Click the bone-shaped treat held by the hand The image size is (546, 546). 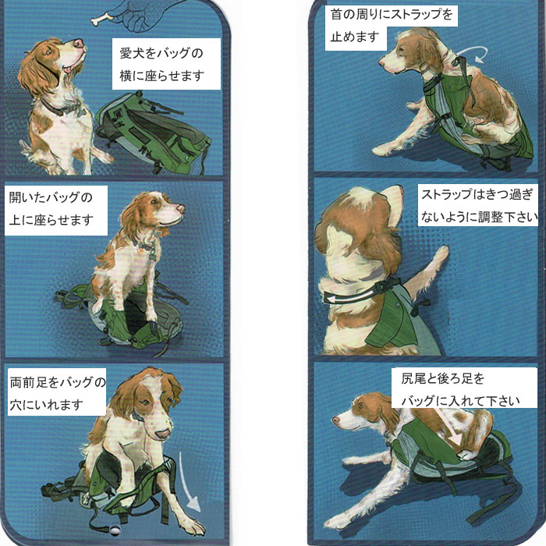pyautogui.click(x=102, y=19)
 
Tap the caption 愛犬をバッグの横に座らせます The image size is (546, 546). pyautogui.click(x=161, y=65)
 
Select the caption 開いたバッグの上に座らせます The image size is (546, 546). pyautogui.click(x=51, y=208)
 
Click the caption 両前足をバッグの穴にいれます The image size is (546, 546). pyautogui.click(x=58, y=393)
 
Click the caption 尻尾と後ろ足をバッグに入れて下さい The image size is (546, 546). pyautogui.click(x=460, y=390)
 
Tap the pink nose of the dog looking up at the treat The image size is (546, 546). pyautogui.click(x=80, y=43)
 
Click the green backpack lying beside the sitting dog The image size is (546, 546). pyautogui.click(x=153, y=134)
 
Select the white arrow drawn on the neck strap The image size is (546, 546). pyautogui.click(x=349, y=296)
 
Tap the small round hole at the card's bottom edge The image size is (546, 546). pyautogui.click(x=114, y=530)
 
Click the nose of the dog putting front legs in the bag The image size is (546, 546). pyautogui.click(x=162, y=434)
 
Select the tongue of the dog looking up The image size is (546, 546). pyautogui.click(x=67, y=69)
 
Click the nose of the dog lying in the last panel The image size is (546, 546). pyautogui.click(x=335, y=420)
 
